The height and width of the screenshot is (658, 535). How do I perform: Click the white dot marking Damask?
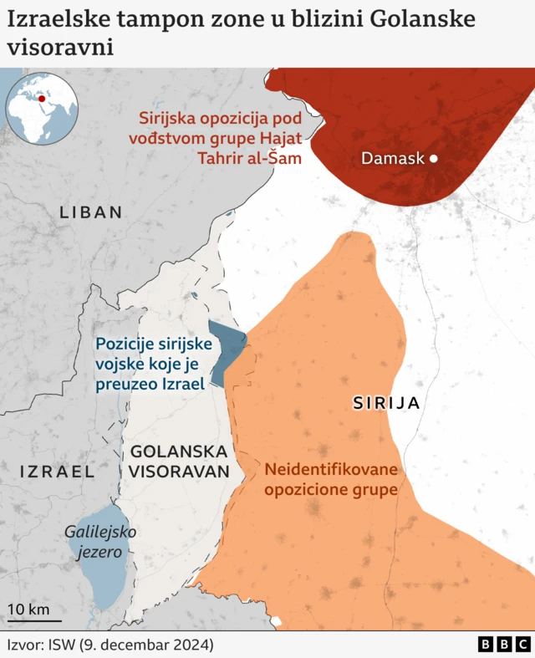(433, 159)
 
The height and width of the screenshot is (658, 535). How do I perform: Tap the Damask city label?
(393, 159)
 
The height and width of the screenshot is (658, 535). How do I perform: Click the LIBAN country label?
(91, 212)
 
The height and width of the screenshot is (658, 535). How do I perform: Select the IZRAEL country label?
(57, 472)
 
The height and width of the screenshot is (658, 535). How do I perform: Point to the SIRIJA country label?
(385, 403)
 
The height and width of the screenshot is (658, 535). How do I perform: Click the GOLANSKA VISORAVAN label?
(179, 461)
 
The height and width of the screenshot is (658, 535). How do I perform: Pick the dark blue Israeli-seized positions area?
(224, 351)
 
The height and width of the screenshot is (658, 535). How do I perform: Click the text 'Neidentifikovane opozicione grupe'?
(331, 479)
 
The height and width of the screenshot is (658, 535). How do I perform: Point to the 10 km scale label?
(28, 609)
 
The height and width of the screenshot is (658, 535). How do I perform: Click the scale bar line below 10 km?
(34, 621)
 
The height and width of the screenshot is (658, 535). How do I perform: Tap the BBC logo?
(504, 645)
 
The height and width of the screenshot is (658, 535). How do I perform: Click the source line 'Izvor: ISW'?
(110, 645)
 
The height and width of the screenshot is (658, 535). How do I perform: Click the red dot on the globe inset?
(42, 99)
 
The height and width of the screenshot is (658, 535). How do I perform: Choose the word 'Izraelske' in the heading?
(55, 18)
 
